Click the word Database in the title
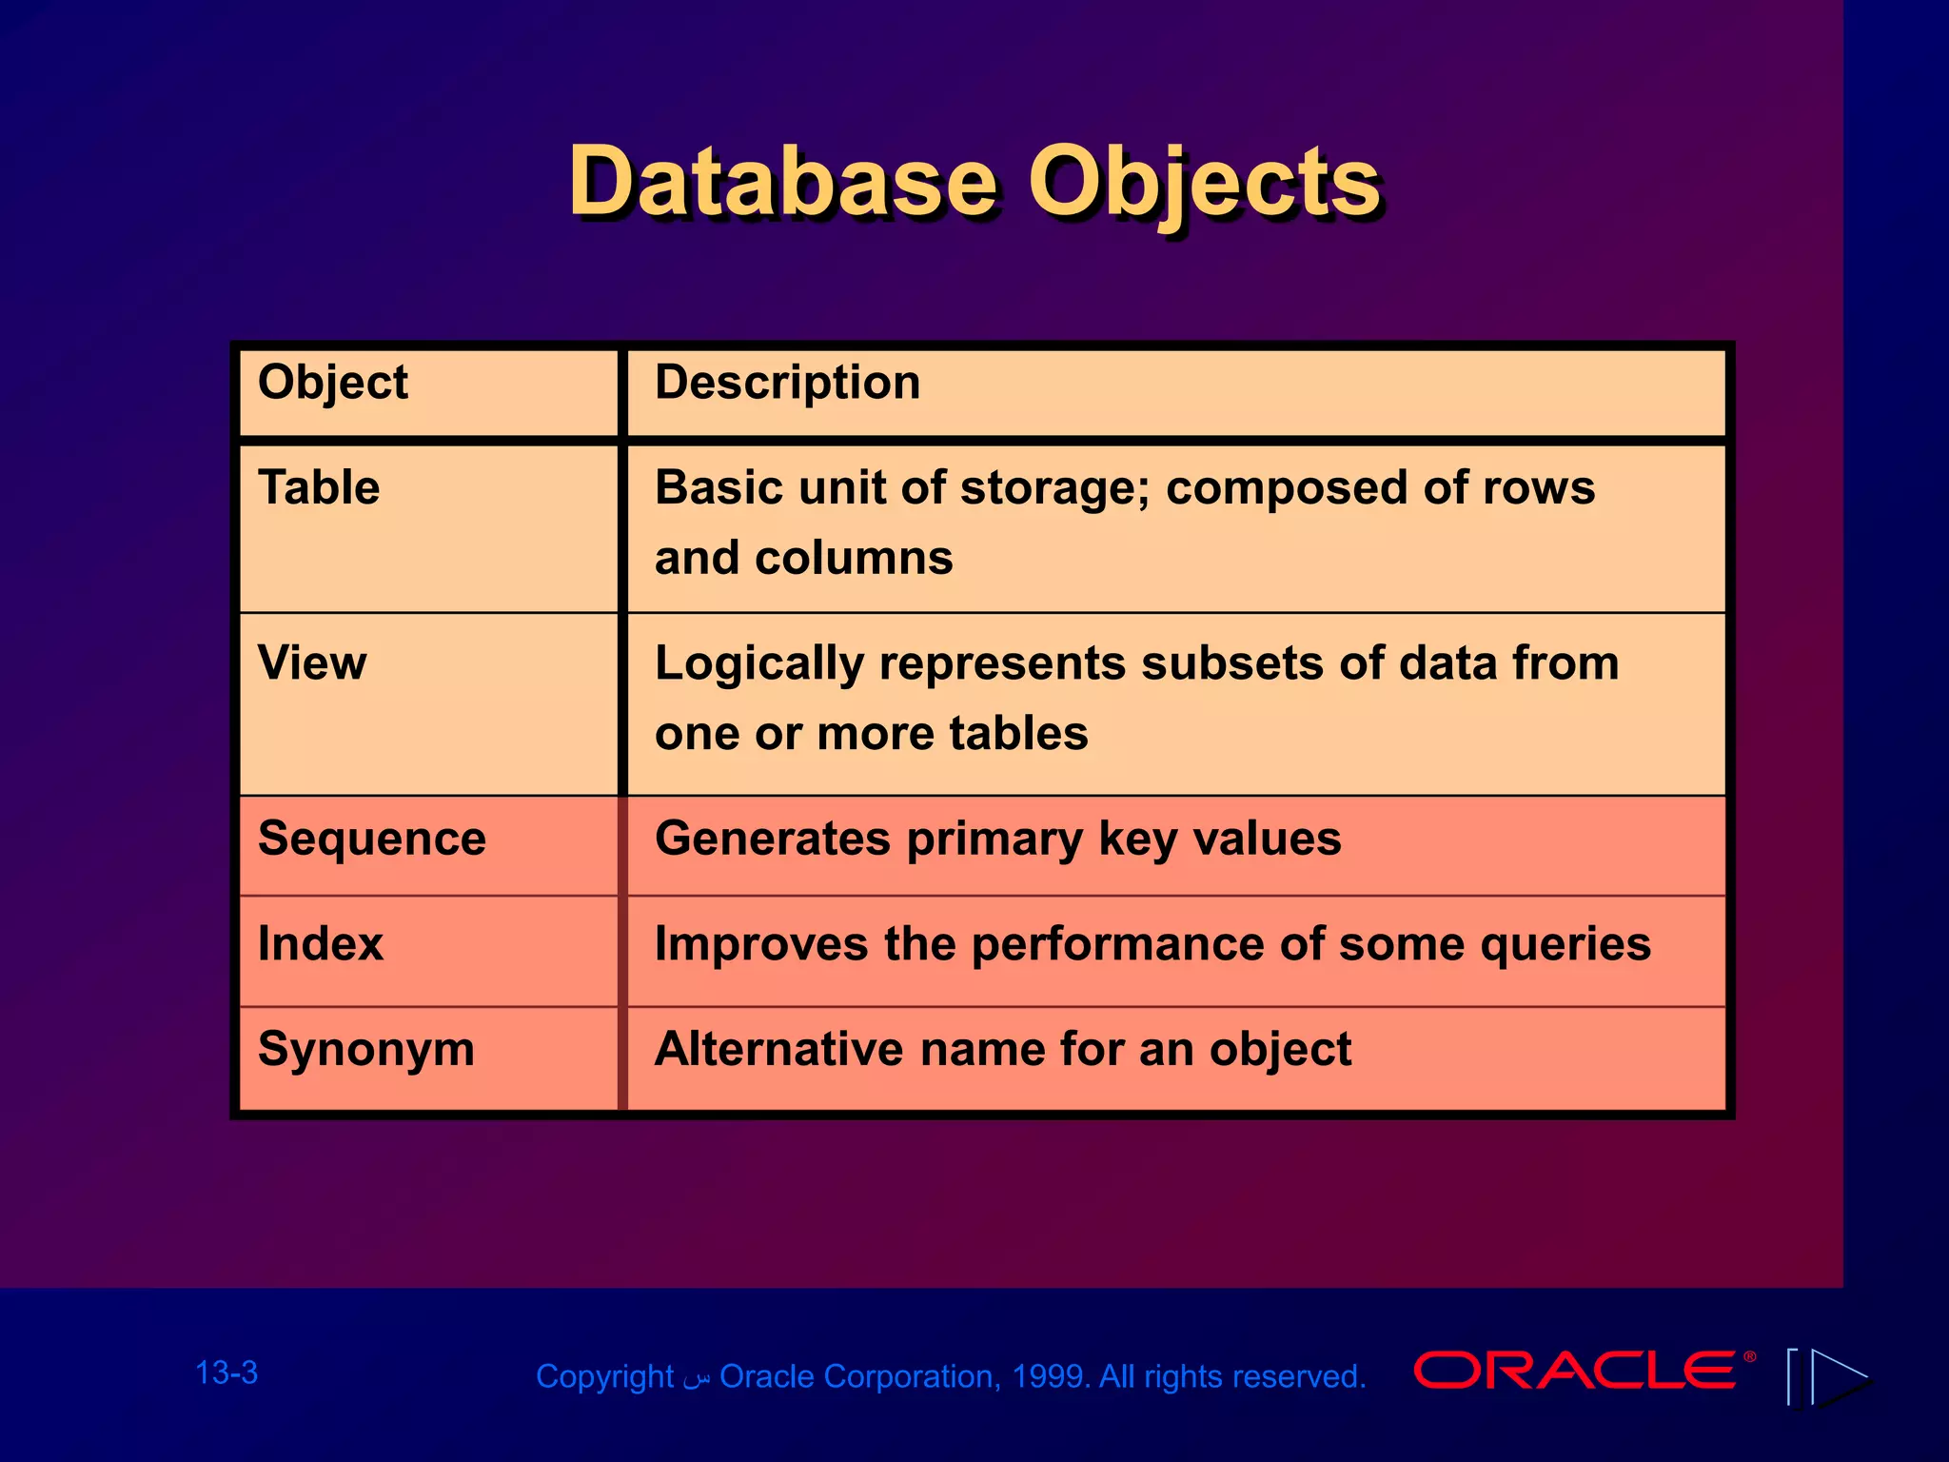pyautogui.click(x=782, y=181)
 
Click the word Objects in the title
pyautogui.click(x=1204, y=183)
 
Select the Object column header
pyautogui.click(x=332, y=384)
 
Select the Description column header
pyautogui.click(x=787, y=384)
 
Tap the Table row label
pyautogui.click(x=319, y=487)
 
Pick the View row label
pyautogui.click(x=312, y=662)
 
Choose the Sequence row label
pyautogui.click(x=372, y=839)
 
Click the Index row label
pyautogui.click(x=321, y=944)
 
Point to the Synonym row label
pyautogui.click(x=366, y=1050)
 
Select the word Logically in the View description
pyautogui.click(x=758, y=663)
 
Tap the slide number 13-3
pyautogui.click(x=226, y=1373)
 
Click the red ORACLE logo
pyautogui.click(x=1575, y=1371)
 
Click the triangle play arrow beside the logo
pyautogui.click(x=1837, y=1376)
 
